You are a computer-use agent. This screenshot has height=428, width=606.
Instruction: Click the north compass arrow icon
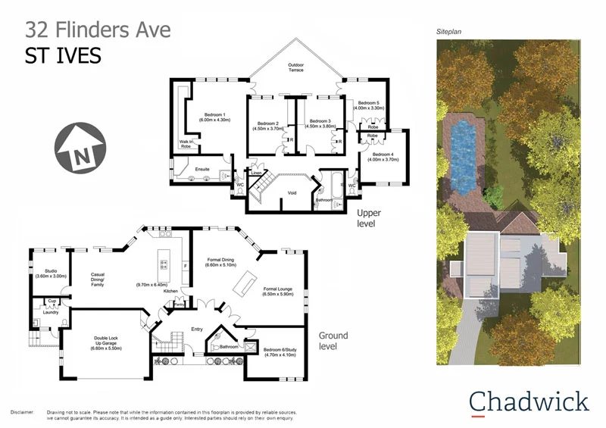point(80,149)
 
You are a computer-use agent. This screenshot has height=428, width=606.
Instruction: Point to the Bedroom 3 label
point(319,123)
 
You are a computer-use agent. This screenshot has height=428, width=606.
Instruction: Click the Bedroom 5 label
point(370,105)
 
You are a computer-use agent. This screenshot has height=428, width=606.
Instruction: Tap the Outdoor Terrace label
point(295,68)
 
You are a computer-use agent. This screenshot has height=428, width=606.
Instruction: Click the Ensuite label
point(202,169)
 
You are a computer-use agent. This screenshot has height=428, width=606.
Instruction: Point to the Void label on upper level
point(292,193)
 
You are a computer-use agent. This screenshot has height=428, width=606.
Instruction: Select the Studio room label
point(46,273)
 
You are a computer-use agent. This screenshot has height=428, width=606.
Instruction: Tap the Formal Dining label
point(222,263)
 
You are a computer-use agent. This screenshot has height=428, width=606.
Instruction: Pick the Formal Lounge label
point(278,291)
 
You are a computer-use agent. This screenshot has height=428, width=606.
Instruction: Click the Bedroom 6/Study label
point(280,351)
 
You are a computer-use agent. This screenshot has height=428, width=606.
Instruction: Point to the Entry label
point(197,329)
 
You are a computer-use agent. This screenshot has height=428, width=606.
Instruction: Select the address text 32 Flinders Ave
point(98,30)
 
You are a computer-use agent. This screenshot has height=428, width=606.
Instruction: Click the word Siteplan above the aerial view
point(448,33)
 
